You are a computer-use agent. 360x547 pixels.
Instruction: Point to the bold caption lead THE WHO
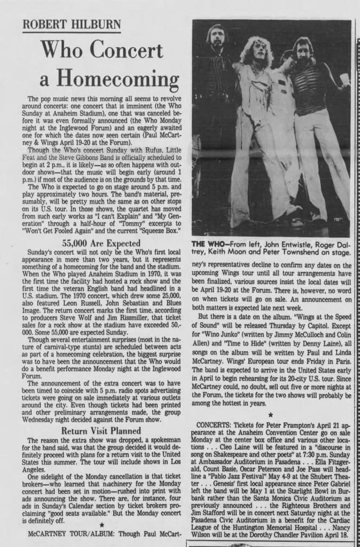(208, 244)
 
